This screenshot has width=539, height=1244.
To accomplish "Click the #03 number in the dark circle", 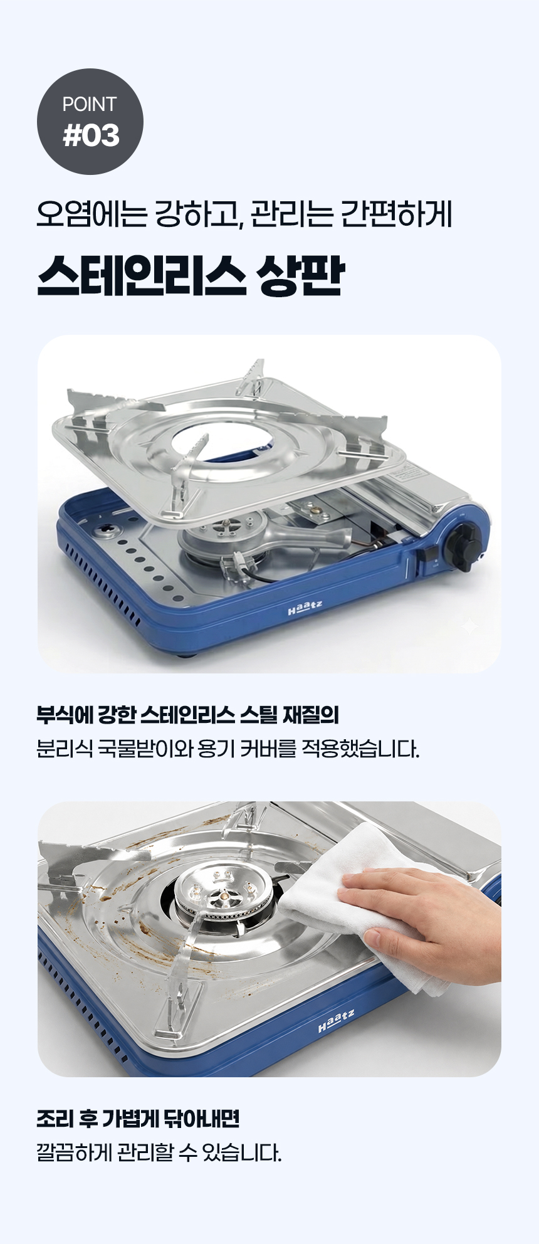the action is [x=91, y=135].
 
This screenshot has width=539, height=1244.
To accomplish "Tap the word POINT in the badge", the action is [x=90, y=104].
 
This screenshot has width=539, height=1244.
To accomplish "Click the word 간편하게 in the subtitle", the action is [x=395, y=215].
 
